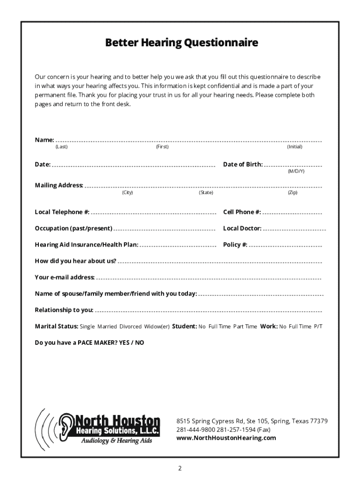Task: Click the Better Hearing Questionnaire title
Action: pos(181,44)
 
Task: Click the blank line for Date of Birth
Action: pos(293,166)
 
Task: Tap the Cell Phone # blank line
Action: pos(292,213)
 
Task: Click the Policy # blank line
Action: pos(286,246)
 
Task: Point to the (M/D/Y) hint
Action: pos(296,171)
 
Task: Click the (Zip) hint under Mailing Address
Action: pos(293,192)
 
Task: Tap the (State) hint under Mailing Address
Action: pos(206,192)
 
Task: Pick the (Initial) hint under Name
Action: pos(295,147)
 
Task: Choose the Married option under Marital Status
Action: pos(107,327)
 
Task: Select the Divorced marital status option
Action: pos(130,327)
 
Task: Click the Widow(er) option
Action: pos(157,327)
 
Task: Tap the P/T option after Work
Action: pos(318,327)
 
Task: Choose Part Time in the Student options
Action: pos(245,327)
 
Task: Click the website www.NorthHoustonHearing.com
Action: pos(226,438)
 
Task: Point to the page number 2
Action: pos(180,468)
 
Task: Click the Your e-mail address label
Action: pos(65,277)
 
